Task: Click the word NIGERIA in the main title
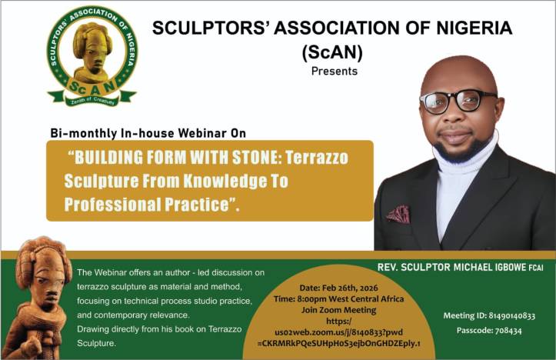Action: pos(474,28)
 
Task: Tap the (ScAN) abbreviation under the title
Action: pos(333,52)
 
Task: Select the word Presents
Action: pos(335,72)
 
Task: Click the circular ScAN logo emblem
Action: pos(92,56)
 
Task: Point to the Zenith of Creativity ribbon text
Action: pos(93,101)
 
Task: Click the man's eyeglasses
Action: pos(458,102)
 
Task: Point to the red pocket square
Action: pos(398,214)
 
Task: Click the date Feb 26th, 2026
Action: pos(351,288)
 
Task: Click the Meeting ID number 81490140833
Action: pos(511,315)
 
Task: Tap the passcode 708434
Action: pos(508,331)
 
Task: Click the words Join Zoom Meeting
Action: pos(338,310)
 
